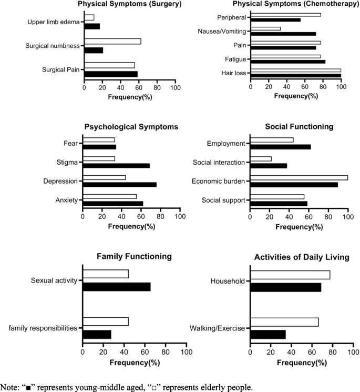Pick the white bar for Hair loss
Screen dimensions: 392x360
pyautogui.click(x=296, y=70)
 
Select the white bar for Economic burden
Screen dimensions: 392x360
pyautogui.click(x=299, y=177)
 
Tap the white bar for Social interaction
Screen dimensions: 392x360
pyautogui.click(x=261, y=158)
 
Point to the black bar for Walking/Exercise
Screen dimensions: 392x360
pyautogui.click(x=268, y=335)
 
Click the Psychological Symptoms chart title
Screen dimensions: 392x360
pyautogui.click(x=131, y=127)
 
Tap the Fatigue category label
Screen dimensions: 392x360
pyautogui.click(x=236, y=59)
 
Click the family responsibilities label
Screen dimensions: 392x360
pyautogui.click(x=43, y=328)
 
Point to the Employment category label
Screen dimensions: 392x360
pyautogui.click(x=227, y=143)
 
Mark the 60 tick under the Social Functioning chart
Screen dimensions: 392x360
pyautogui.click(x=309, y=217)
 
